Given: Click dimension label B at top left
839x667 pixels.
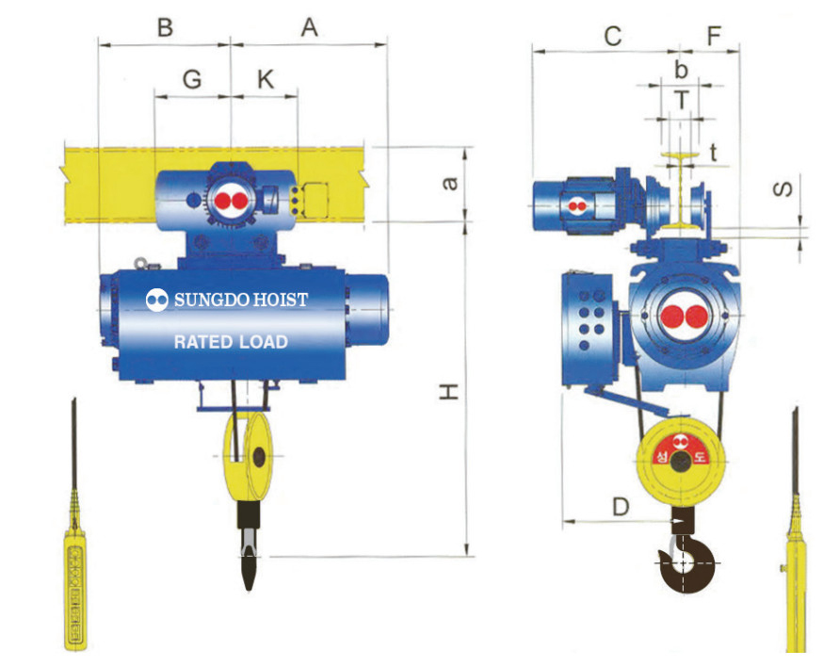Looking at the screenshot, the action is click(x=166, y=27).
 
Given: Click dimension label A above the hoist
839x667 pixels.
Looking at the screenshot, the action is click(x=309, y=27).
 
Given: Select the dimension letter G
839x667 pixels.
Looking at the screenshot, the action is click(x=192, y=79).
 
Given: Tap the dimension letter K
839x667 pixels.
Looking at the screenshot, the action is click(x=266, y=79).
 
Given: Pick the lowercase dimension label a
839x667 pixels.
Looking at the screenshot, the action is click(x=450, y=184).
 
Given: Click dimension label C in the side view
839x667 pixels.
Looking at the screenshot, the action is click(x=613, y=37).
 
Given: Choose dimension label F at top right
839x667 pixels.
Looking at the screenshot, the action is click(x=715, y=36).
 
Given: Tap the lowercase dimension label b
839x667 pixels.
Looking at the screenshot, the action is click(x=681, y=70).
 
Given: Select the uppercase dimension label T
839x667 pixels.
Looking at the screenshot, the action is click(x=681, y=100).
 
